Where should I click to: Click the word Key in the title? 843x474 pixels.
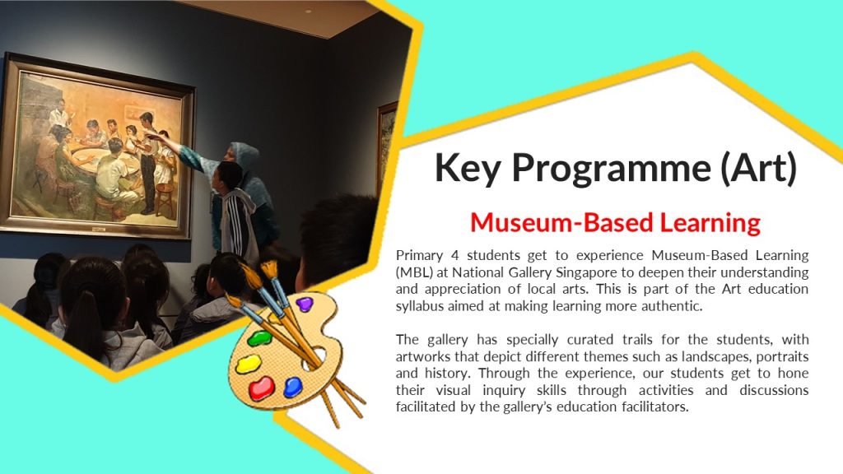pos(468,168)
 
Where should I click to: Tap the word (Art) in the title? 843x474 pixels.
pos(758,168)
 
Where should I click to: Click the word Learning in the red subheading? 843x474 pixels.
pos(710,223)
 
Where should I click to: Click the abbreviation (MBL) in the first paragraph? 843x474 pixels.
pos(415,272)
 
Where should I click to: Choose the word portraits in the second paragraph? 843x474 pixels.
pos(783,357)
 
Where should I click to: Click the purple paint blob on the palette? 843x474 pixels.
pos(305,304)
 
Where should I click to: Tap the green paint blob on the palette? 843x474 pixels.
pos(259,338)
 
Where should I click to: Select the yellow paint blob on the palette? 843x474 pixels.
pos(249,365)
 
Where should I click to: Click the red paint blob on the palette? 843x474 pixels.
pos(261,388)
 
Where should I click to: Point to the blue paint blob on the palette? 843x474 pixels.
pos(293,387)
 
